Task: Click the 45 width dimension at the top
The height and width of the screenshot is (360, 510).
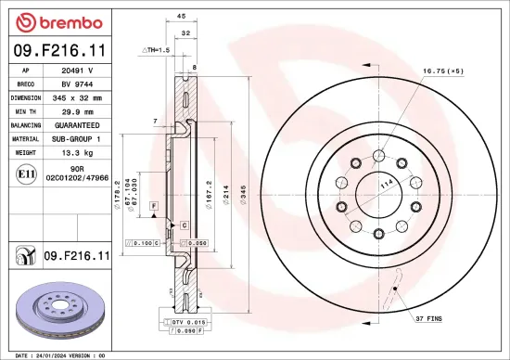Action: tap(181, 16)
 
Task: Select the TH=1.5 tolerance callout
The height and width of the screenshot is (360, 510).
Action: tap(158, 48)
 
